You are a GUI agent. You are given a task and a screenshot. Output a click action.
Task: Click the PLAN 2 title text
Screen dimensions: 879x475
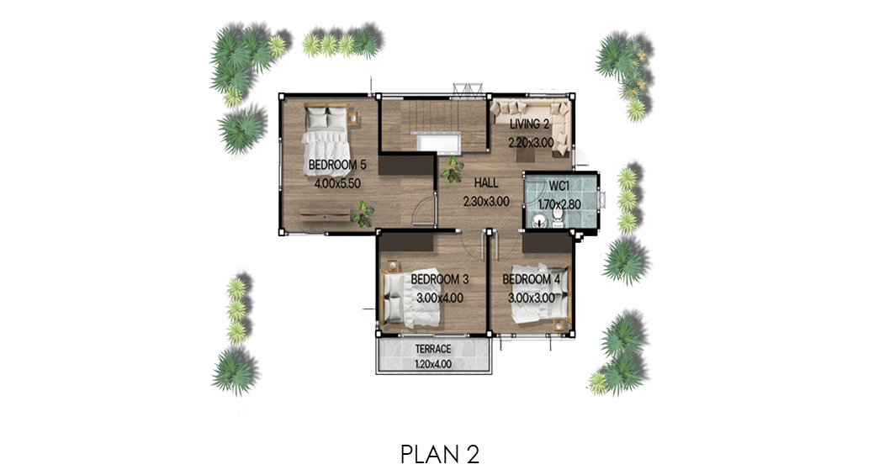440,454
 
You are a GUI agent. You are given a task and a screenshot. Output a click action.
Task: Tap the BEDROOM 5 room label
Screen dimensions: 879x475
337,166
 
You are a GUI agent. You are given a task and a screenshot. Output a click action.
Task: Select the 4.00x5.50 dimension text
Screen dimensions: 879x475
337,183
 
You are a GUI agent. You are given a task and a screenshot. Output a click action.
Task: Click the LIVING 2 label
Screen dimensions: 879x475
529,124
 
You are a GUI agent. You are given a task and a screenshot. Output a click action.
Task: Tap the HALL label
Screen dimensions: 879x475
486,183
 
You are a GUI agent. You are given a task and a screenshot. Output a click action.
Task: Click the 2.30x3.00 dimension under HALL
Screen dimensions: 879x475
486,202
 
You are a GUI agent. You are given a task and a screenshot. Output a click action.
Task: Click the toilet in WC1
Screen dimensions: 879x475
558,218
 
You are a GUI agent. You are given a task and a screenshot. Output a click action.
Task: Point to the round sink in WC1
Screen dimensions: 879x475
539,222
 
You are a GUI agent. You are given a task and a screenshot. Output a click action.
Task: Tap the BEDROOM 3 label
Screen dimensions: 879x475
440,279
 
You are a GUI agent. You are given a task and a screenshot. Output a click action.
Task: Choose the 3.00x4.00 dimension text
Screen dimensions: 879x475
440,298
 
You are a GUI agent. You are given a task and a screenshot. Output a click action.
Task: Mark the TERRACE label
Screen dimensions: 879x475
433,349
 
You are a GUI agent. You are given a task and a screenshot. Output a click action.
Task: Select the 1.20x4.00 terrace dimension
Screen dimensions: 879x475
433,364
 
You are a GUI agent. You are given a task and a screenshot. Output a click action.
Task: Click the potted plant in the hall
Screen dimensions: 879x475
452,169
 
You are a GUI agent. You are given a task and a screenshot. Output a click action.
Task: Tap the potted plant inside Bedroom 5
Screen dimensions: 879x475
363,214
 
